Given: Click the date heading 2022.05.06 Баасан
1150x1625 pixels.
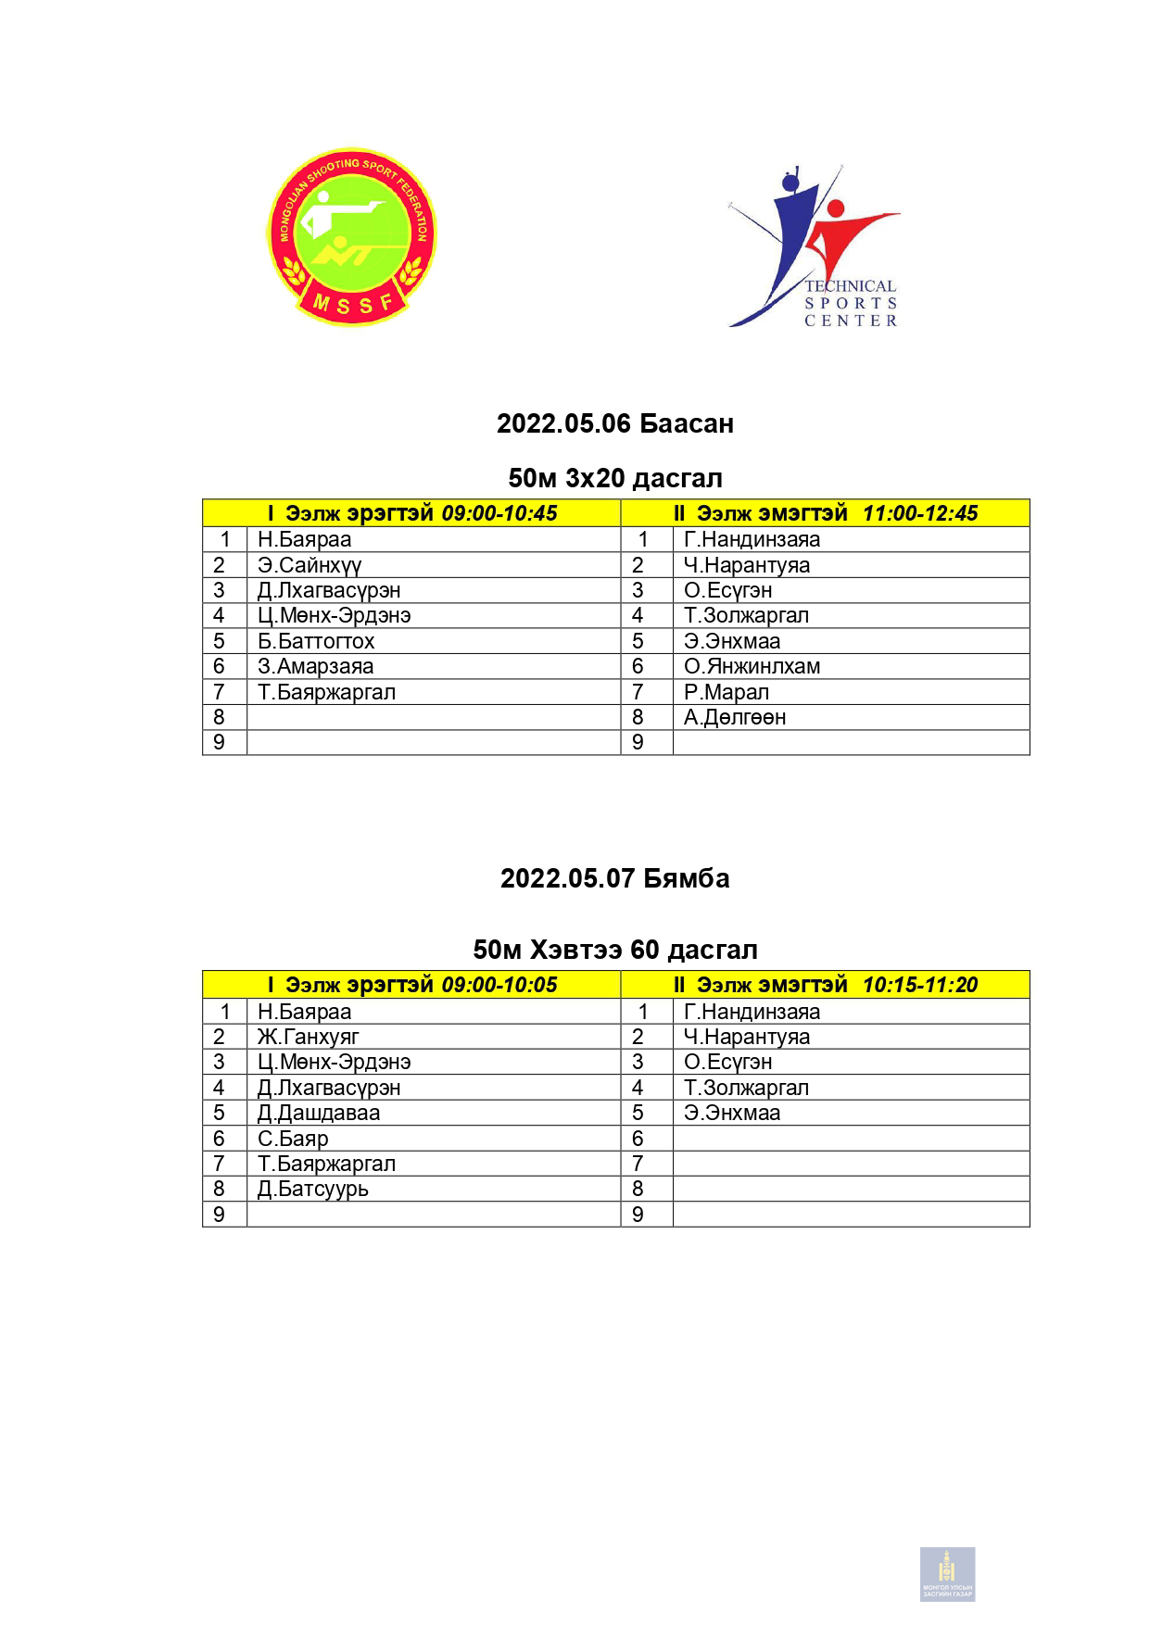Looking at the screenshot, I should pyautogui.click(x=615, y=423).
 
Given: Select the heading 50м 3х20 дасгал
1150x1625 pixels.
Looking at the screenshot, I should pyautogui.click(x=615, y=478).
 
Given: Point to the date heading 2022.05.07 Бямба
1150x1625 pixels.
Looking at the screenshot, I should pyautogui.click(x=615, y=878).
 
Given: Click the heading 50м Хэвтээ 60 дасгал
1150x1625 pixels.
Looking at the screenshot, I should pyautogui.click(x=615, y=950).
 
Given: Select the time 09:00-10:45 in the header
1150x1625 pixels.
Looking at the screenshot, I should pyautogui.click(x=499, y=513).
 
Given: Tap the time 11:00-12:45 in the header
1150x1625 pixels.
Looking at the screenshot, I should pyautogui.click(x=920, y=513).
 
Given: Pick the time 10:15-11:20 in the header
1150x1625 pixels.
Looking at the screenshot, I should pyautogui.click(x=920, y=985).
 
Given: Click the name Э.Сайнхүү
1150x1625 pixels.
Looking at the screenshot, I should pyautogui.click(x=310, y=565).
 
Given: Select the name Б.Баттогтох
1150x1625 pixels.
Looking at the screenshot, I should pyautogui.click(x=316, y=641).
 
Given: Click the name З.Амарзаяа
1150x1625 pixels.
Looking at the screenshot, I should pyautogui.click(x=316, y=666).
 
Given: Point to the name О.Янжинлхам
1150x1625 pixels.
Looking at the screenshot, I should pyautogui.click(x=752, y=666).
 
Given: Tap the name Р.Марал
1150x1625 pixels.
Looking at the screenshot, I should pyautogui.click(x=727, y=692).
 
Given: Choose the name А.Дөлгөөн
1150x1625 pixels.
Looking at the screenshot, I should pyautogui.click(x=735, y=717).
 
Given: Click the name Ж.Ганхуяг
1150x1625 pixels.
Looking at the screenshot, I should pyautogui.click(x=309, y=1037).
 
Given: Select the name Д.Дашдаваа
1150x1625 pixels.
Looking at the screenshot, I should pyautogui.click(x=319, y=1113).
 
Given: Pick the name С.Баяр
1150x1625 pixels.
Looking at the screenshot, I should pyautogui.click(x=293, y=1139).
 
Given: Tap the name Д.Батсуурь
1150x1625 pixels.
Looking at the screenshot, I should pyautogui.click(x=313, y=1189).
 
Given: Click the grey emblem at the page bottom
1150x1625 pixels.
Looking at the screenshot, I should pyautogui.click(x=947, y=1574).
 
